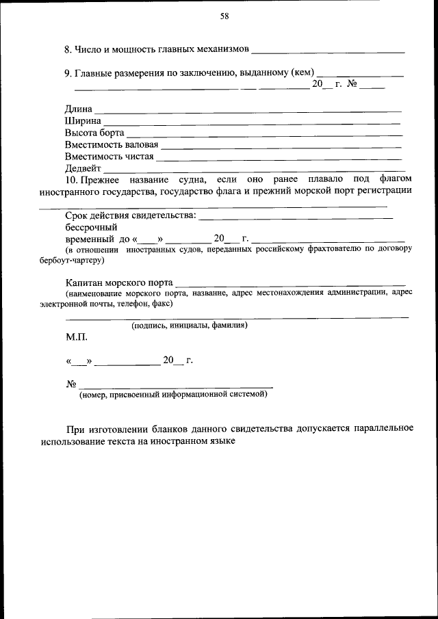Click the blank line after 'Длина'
tap(248, 109)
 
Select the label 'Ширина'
tap(83, 121)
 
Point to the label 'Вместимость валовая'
tap(112, 144)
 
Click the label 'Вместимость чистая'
tap(109, 156)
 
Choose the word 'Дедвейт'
tap(83, 168)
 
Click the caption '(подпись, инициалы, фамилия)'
tap(190, 326)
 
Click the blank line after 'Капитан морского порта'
tap(290, 282)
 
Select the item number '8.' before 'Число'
tap(68, 50)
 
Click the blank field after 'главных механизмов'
tap(328, 51)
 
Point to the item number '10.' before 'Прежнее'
tap(71, 179)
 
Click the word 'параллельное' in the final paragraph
tap(383, 429)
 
